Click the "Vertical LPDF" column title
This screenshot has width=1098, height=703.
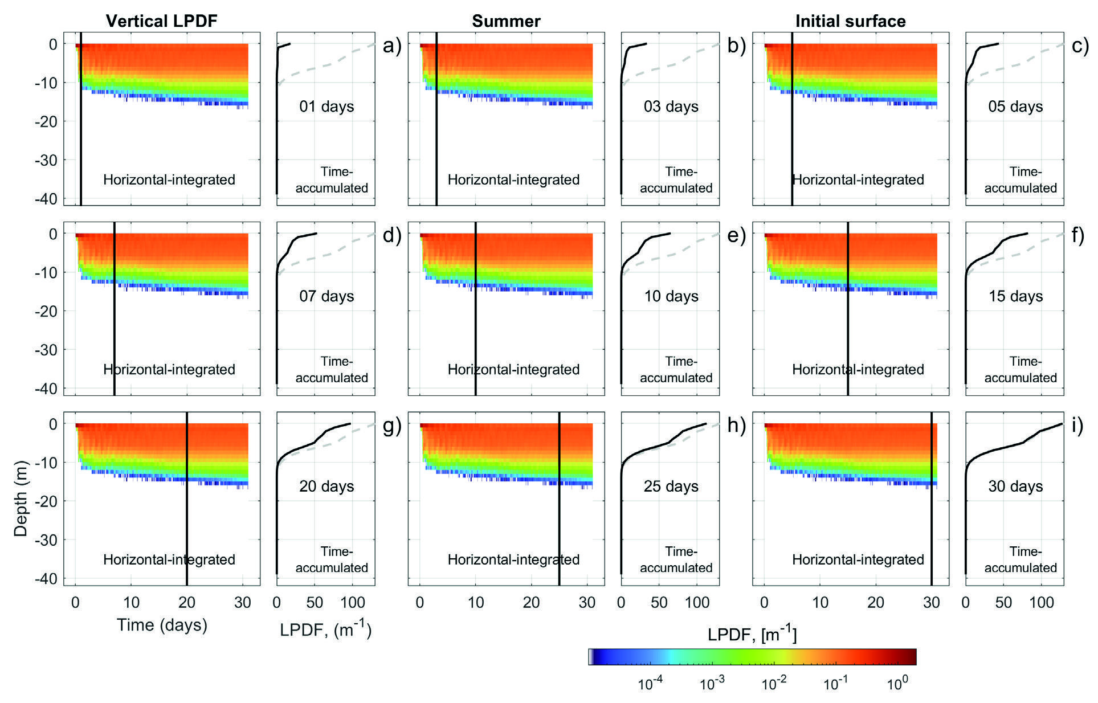click(162, 22)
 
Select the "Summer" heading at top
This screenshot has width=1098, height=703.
click(506, 22)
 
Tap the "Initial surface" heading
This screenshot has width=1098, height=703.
click(850, 22)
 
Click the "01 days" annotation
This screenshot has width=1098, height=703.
click(326, 107)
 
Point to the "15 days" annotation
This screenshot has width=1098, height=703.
click(1015, 296)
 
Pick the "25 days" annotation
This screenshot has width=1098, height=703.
click(671, 487)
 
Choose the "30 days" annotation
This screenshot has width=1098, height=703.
click(1015, 487)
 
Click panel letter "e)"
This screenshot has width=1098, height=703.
click(736, 235)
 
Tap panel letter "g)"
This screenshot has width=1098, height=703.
click(392, 426)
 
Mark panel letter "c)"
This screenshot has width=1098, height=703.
click(1080, 46)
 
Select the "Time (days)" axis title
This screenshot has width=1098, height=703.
click(162, 625)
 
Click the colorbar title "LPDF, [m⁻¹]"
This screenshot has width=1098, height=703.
click(752, 635)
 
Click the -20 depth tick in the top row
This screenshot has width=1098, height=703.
click(47, 121)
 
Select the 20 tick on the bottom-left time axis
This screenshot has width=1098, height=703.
click(187, 603)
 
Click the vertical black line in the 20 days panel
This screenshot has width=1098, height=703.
click(187, 513)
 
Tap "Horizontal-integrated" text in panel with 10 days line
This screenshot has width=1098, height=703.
click(513, 370)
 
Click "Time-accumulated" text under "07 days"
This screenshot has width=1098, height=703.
click(332, 370)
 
